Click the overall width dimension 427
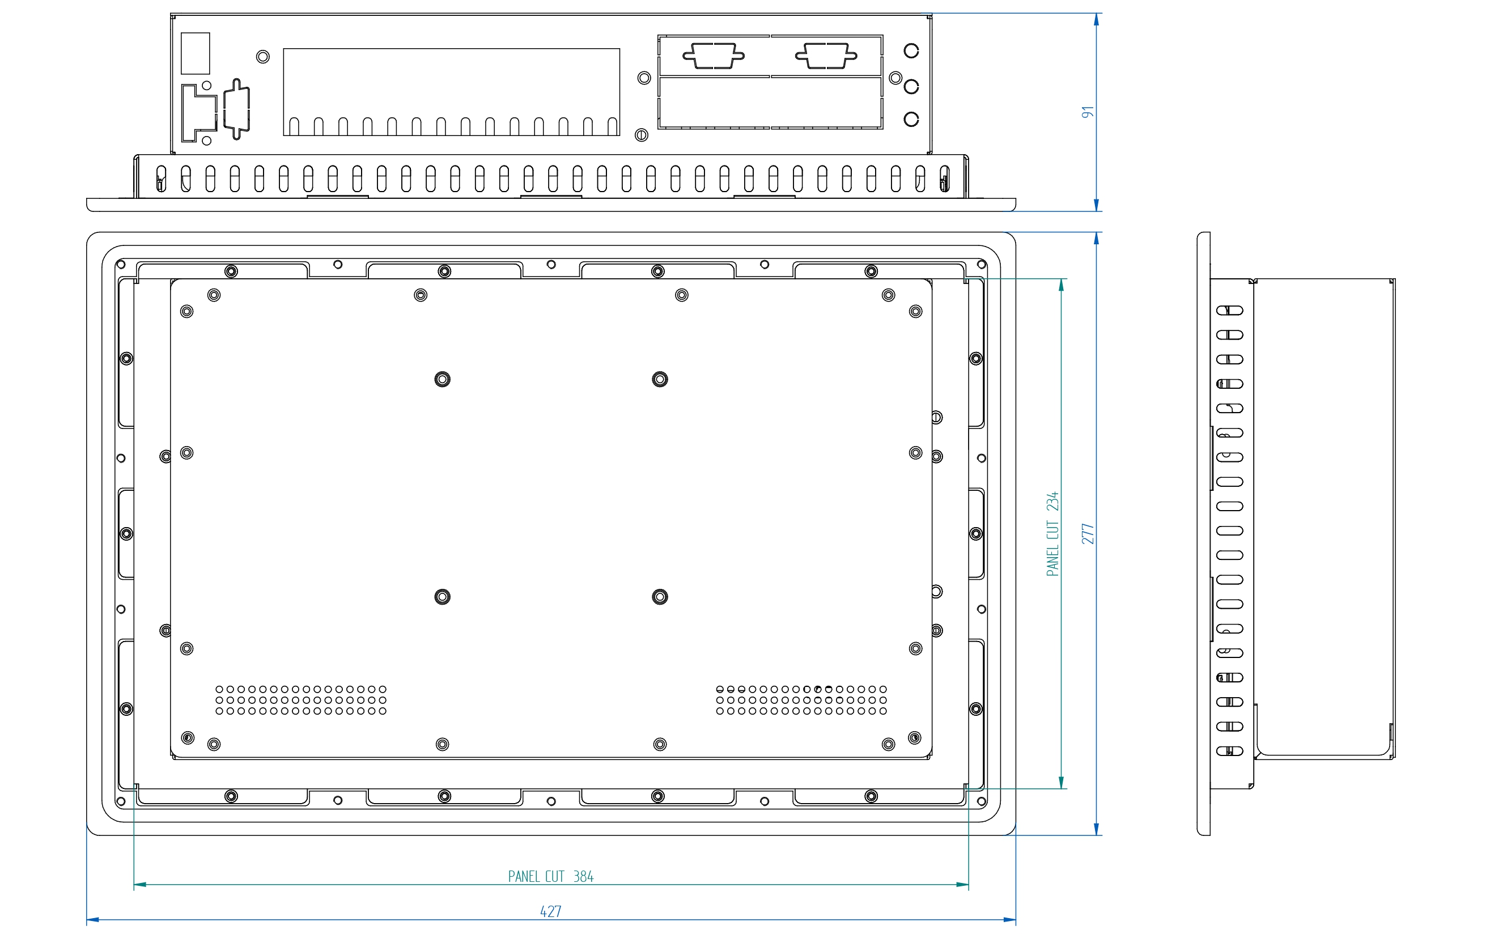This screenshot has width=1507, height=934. coord(550,911)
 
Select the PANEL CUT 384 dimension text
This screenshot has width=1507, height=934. coord(550,876)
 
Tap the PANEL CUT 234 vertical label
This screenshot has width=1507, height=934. coord(1052,534)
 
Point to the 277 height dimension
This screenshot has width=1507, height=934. coord(1088,534)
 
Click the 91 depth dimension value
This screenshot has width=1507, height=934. coord(1088,112)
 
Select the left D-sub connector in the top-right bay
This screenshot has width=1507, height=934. coord(714,56)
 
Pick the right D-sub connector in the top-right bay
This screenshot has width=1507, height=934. coord(826,56)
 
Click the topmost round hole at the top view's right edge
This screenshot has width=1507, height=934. coord(911,50)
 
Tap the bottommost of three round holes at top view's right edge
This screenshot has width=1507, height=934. coord(911,118)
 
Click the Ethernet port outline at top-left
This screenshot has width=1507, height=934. coord(199,113)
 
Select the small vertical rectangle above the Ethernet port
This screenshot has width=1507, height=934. coord(195,53)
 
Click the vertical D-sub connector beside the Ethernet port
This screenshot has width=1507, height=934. coord(236,109)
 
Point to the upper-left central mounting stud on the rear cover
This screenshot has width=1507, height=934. coord(442,379)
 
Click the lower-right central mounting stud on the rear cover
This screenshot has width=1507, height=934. coord(660,597)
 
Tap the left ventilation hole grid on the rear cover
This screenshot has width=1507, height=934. coord(301,700)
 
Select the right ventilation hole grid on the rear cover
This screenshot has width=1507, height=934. coord(801,700)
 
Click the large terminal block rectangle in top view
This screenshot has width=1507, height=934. coord(452,92)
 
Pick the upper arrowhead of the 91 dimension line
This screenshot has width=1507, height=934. coord(1096,19)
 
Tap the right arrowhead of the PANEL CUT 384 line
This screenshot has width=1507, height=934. coord(962,885)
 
